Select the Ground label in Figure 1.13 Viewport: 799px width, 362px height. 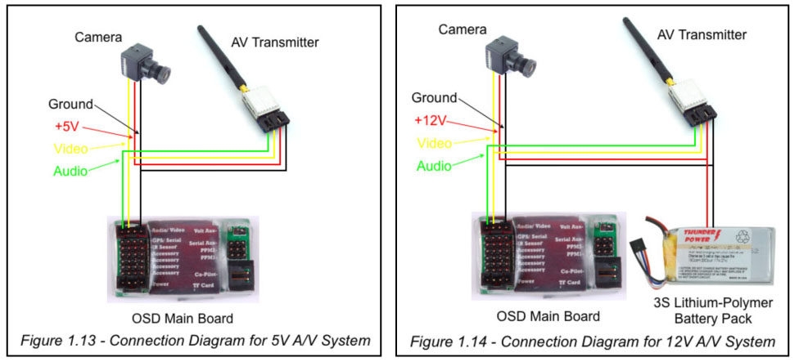(70, 105)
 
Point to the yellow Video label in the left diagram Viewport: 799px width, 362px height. (70, 149)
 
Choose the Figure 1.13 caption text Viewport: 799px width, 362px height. (191, 340)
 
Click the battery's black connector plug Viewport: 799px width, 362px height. (640, 247)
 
